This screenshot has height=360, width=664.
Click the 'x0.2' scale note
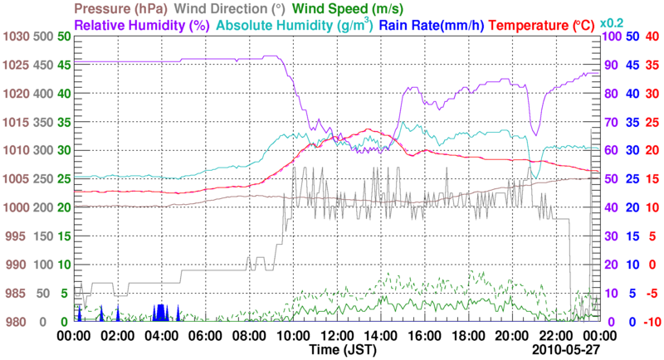tap(613, 22)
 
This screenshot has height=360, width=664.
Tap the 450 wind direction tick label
tap(41, 66)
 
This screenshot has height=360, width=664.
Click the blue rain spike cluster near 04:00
tap(160, 313)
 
